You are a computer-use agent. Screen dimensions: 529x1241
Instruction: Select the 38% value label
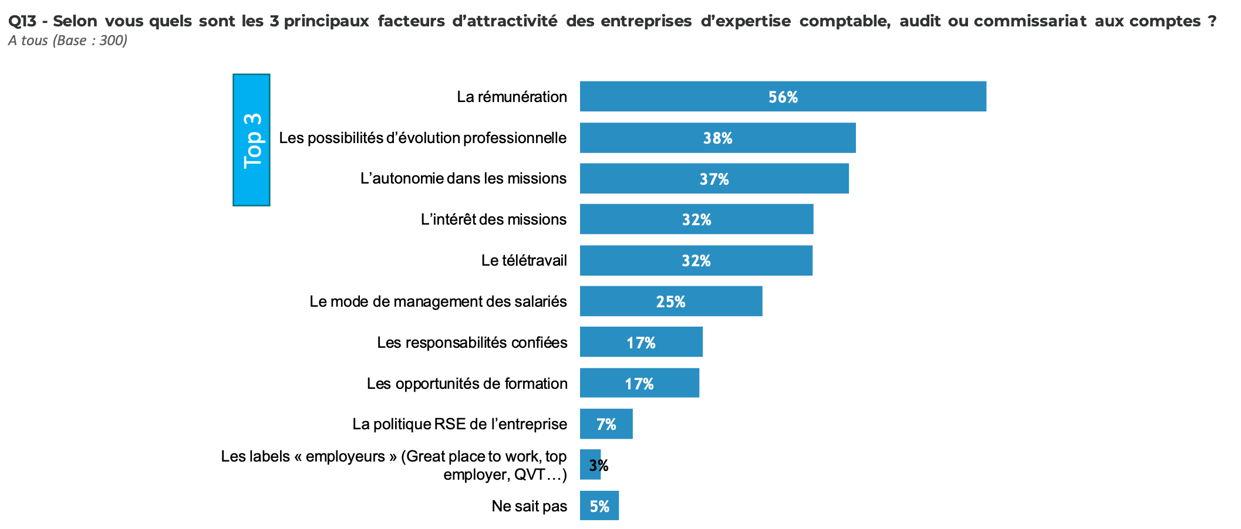pyautogui.click(x=717, y=138)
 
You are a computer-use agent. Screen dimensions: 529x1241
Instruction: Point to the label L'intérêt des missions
pyautogui.click(x=493, y=219)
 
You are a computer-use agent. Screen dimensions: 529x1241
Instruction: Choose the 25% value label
pyautogui.click(x=670, y=302)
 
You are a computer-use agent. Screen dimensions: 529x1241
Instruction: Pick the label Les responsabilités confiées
pyautogui.click(x=472, y=343)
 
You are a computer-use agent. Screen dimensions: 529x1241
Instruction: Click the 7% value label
pyautogui.click(x=606, y=425)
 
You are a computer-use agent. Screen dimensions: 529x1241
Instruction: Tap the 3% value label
pyautogui.click(x=598, y=466)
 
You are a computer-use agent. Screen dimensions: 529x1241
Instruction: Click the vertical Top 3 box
pyautogui.click(x=251, y=140)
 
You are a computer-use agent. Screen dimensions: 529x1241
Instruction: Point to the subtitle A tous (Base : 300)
pyautogui.click(x=68, y=40)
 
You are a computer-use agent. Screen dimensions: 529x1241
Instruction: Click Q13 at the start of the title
pyautogui.click(x=22, y=21)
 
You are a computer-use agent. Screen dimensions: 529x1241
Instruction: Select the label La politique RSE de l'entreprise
pyautogui.click(x=460, y=424)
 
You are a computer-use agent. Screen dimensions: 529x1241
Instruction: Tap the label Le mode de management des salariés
pyautogui.click(x=438, y=301)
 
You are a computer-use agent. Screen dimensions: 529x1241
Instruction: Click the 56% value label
pyautogui.click(x=783, y=97)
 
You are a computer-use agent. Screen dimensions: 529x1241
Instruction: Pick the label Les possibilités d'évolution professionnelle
pyautogui.click(x=423, y=138)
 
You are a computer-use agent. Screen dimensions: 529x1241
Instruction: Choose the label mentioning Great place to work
pyautogui.click(x=393, y=465)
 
